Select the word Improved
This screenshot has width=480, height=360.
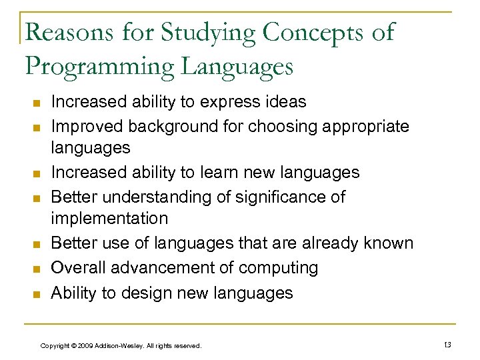click(87, 126)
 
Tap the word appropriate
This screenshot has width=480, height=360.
click(365, 126)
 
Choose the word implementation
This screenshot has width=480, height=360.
click(109, 219)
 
